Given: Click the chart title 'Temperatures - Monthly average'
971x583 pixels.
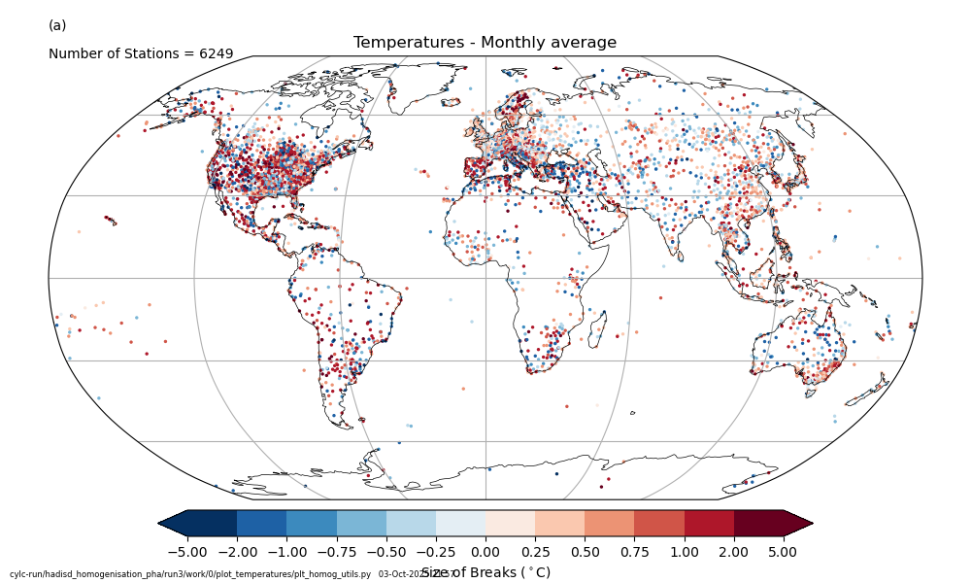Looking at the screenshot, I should click(x=485, y=43).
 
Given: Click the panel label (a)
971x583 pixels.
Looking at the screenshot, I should click(x=57, y=25).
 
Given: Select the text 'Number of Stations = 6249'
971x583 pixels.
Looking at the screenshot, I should click(x=141, y=54).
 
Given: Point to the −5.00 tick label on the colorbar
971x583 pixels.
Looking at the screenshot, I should click(x=187, y=552).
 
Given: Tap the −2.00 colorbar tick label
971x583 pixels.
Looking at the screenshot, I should click(x=237, y=552).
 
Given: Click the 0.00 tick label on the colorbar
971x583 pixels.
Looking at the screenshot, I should click(x=485, y=552).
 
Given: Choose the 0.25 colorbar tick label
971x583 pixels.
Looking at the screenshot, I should click(x=535, y=552).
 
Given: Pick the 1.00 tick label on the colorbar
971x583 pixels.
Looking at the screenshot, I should click(x=685, y=552).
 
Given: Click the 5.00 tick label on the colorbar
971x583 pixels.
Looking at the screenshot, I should click(x=784, y=552).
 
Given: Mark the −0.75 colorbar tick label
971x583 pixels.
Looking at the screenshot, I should click(x=336, y=552).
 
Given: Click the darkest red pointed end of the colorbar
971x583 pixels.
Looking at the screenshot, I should click(x=796, y=523).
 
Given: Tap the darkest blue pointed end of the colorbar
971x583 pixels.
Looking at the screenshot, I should click(x=173, y=523).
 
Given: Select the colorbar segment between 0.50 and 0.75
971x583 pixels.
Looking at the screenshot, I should click(x=610, y=523).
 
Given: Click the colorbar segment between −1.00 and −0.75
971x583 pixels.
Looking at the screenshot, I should click(x=312, y=523).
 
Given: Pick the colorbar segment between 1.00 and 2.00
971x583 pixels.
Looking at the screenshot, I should click(x=710, y=523).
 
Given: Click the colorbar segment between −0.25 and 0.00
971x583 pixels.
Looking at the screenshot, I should click(x=460, y=523).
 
